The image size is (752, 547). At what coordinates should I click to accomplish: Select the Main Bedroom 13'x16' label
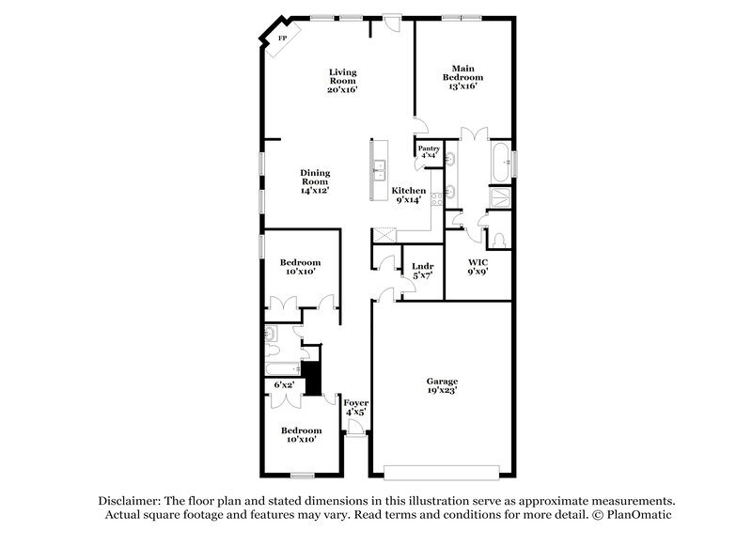[x=462, y=77]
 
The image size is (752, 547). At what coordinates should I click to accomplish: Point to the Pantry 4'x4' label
[x=430, y=152]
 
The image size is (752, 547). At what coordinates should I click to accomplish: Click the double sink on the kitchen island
[x=381, y=169]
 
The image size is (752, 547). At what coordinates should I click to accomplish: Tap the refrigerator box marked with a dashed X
[x=385, y=235]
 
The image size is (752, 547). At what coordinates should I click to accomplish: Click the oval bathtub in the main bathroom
[x=501, y=161]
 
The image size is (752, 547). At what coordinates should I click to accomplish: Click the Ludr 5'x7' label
[x=422, y=272]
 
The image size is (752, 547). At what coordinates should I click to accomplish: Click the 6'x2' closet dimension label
[x=284, y=384]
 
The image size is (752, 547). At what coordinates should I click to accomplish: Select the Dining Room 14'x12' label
[x=314, y=180]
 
